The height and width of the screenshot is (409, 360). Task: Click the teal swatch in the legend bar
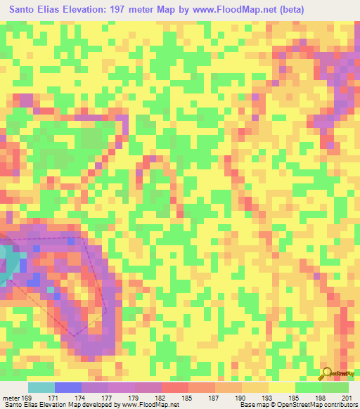click(x=41, y=387)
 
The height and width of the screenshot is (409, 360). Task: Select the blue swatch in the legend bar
click(x=68, y=387)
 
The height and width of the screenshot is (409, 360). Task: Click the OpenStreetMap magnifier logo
click(x=328, y=373)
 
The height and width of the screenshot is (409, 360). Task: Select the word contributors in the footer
click(x=338, y=405)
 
